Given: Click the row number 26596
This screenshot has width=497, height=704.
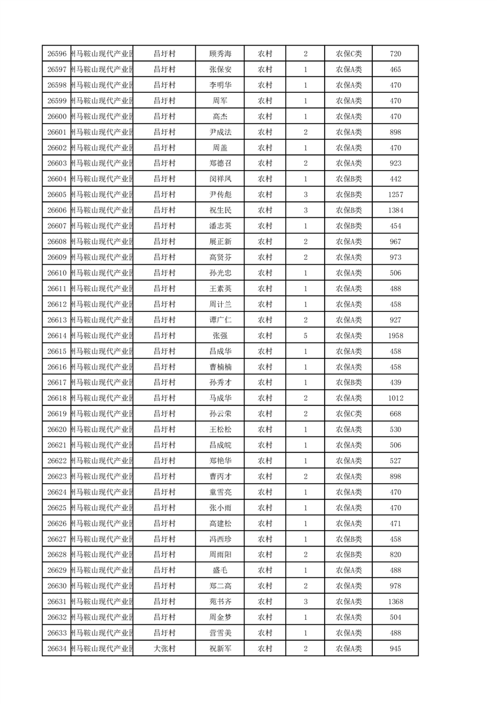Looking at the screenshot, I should pos(56,54).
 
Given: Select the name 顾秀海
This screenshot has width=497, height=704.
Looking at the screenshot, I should pos(220,54).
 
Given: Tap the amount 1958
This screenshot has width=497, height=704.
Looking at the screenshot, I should pos(395,336).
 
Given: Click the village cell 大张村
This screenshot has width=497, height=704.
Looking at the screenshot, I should pos(164,649).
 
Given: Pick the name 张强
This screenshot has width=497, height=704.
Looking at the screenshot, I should pos(220,336).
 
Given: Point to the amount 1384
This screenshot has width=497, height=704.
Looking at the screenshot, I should pos(395,210).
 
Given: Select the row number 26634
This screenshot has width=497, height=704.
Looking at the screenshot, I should pos(56,649).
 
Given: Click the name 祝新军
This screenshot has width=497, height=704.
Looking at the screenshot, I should pos(220,649).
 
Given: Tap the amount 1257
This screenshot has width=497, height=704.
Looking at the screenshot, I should pos(395,195).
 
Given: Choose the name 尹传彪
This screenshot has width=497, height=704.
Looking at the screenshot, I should pos(220,195).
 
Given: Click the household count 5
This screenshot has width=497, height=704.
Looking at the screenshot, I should pos(305,336).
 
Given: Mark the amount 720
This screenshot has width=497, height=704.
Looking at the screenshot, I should pos(395,54).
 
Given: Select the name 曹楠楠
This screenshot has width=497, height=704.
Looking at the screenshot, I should pos(220,367).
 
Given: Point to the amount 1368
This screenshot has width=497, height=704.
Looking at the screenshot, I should pos(395,602).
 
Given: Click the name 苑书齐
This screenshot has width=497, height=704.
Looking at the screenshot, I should pos(220,602).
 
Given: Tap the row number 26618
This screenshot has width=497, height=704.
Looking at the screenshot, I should pos(56,398).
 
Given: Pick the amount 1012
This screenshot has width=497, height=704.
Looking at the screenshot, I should pos(395,398).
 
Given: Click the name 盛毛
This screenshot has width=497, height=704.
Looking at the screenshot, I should pos(220,570).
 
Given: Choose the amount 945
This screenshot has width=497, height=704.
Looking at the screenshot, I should pos(395,649).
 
